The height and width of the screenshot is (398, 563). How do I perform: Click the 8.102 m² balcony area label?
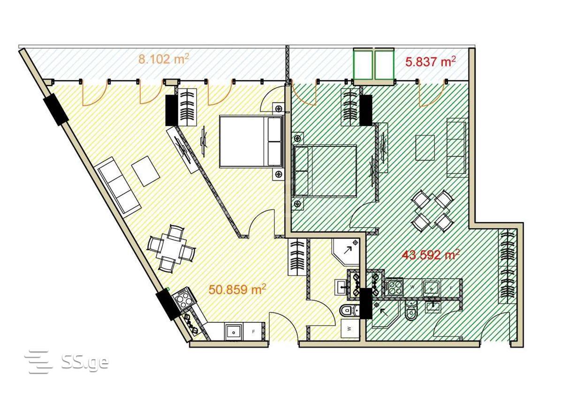pyautogui.click(x=164, y=60)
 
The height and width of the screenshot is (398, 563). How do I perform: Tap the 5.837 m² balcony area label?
pyautogui.click(x=431, y=62)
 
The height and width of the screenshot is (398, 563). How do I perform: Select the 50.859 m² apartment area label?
pyautogui.click(x=237, y=290)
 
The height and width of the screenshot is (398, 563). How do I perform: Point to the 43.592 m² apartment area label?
pyautogui.click(x=431, y=255)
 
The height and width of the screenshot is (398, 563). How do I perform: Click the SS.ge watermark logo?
pyautogui.click(x=67, y=362)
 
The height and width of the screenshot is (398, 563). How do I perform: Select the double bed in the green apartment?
pyautogui.click(x=325, y=171)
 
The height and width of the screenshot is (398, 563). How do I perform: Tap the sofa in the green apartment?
pyautogui.click(x=456, y=149)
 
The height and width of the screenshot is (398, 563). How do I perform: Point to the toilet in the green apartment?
pyautogui.click(x=411, y=311)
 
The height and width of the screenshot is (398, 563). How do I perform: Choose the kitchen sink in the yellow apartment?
pyautogui.click(x=234, y=332)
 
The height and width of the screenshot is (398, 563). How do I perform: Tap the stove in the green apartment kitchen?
pyautogui.click(x=395, y=287)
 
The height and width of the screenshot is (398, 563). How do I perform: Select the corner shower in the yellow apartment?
pyautogui.click(x=346, y=252)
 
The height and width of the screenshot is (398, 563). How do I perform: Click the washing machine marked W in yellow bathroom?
pyautogui.click(x=350, y=329)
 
